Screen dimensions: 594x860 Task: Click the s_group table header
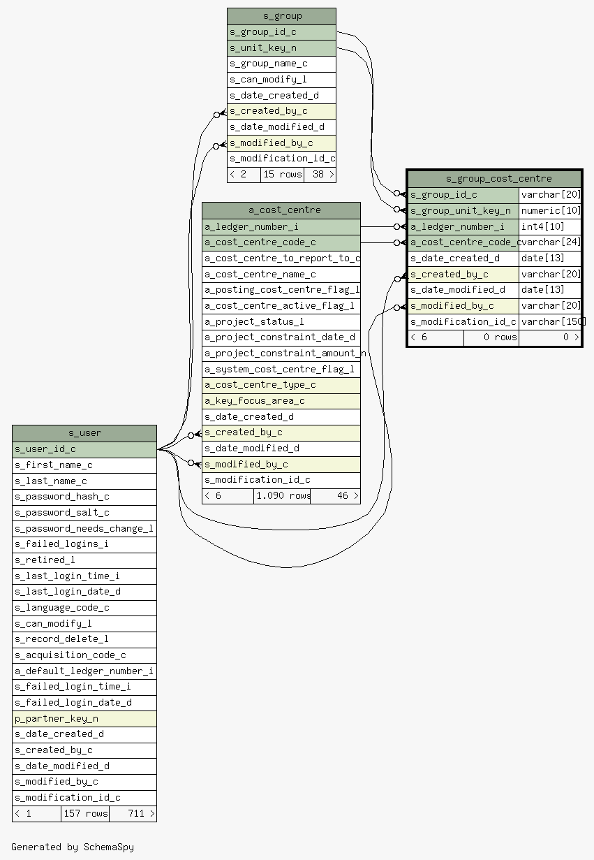(281, 17)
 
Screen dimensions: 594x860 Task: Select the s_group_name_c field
(281, 64)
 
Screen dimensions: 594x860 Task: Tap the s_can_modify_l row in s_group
(281, 80)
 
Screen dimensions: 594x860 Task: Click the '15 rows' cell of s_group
(282, 175)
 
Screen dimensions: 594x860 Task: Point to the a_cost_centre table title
(281, 210)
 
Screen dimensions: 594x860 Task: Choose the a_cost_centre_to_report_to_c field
(281, 258)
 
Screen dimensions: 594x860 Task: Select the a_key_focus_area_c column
(281, 401)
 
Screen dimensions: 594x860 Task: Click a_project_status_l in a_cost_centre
(281, 322)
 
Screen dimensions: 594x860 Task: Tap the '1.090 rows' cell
(282, 496)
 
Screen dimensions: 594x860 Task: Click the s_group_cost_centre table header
(495, 179)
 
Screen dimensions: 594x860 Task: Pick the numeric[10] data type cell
(550, 211)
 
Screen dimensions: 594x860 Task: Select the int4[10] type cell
(550, 227)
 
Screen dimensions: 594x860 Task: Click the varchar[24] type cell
(550, 242)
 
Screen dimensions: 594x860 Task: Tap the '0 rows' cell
(491, 337)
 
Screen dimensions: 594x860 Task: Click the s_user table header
(84, 433)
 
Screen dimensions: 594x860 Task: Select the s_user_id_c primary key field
(84, 450)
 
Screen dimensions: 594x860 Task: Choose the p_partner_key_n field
(84, 719)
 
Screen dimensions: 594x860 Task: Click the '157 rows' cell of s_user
(85, 814)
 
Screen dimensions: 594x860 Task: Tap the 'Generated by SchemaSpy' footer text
(73, 847)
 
